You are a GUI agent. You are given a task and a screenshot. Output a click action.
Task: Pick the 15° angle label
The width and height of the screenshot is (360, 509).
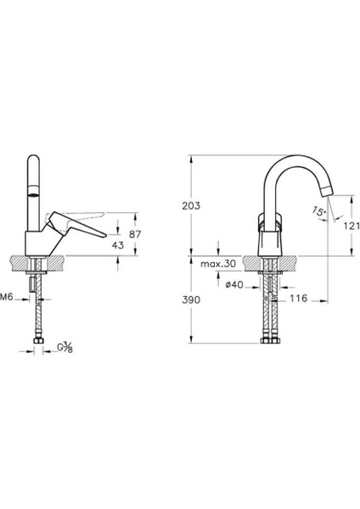[x=318, y=210]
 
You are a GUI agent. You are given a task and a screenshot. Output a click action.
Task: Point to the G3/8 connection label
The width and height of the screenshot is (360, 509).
[x=65, y=347]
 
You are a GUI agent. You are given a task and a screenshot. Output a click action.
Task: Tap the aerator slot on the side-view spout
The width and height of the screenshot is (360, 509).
[x=36, y=193]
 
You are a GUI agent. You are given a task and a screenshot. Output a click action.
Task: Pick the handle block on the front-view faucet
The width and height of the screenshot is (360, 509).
[x=269, y=225]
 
